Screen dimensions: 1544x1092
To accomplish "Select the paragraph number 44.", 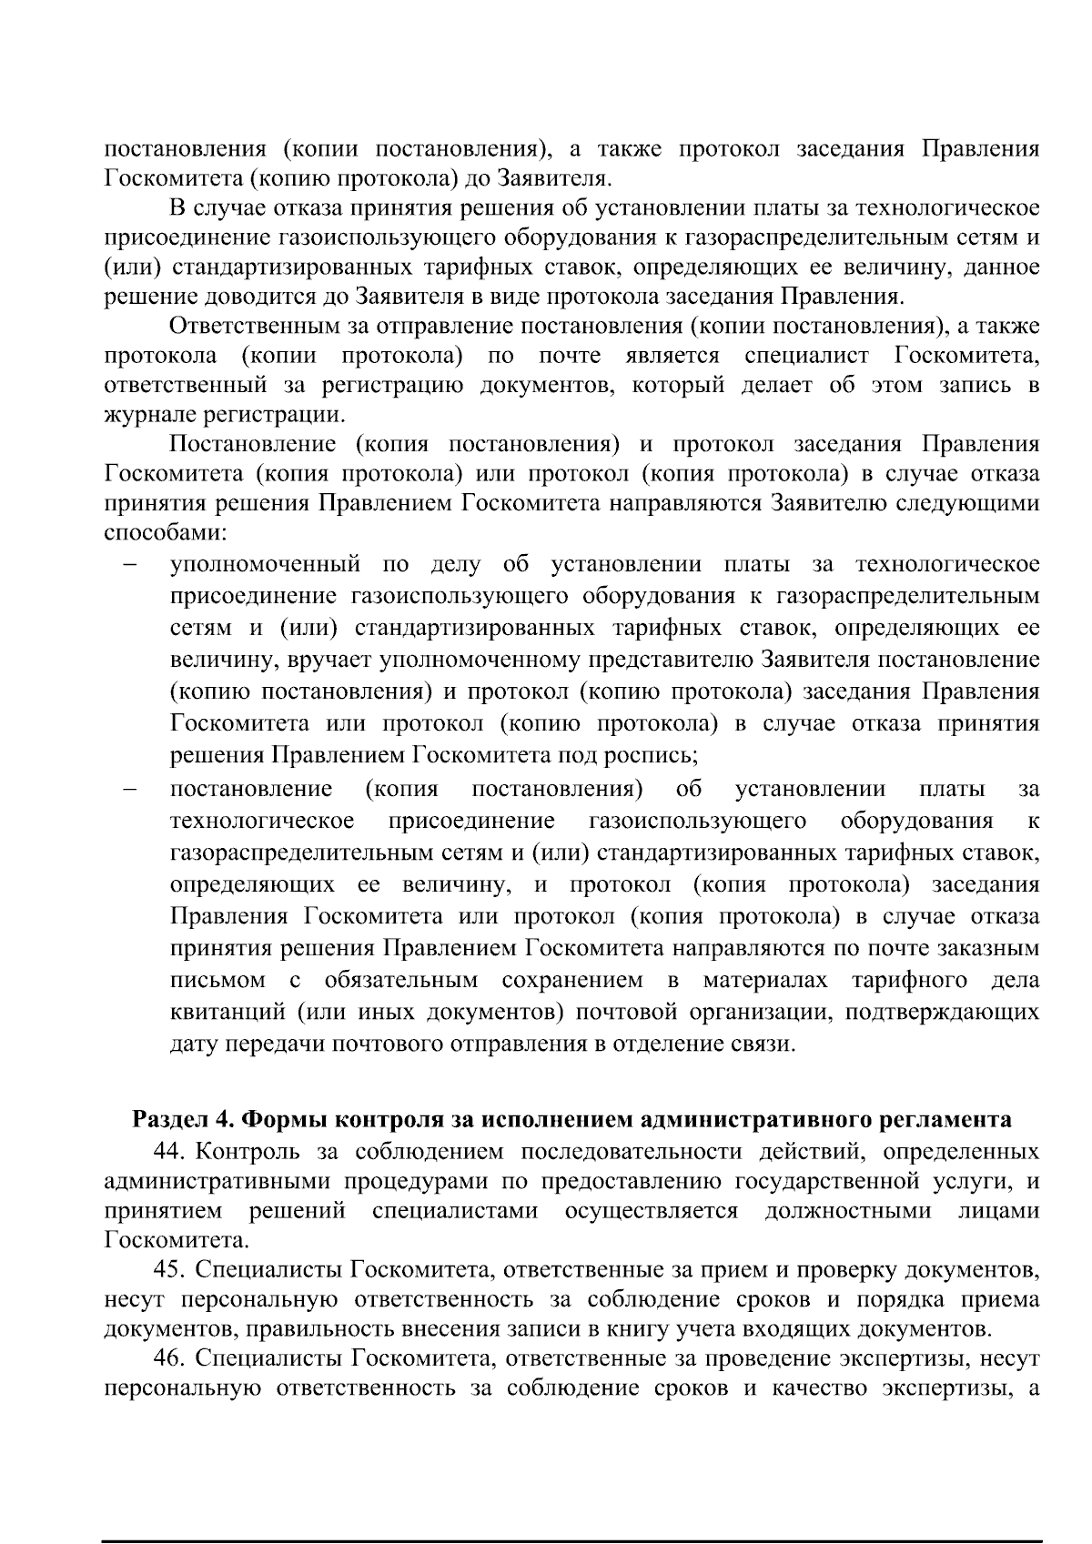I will click(170, 1152).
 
